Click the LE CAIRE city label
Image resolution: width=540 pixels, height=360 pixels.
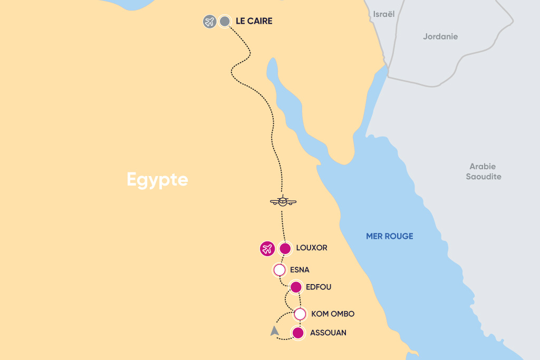[254, 22]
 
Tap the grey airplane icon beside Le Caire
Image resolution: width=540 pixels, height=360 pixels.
[210, 22]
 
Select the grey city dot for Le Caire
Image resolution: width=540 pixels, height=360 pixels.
[225, 22]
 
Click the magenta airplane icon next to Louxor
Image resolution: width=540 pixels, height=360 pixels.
[267, 248]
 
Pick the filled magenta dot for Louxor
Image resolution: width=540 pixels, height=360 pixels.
[285, 248]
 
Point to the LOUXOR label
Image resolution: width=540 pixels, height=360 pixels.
[312, 248]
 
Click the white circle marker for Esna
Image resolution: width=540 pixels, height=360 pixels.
[279, 270]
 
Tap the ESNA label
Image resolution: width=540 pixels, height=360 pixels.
[300, 270]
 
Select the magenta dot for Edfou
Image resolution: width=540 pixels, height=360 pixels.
[296, 287]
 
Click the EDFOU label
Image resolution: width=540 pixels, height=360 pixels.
[319, 287]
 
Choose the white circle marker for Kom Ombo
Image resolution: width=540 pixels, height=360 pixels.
[300, 314]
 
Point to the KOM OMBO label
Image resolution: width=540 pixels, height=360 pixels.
[333, 314]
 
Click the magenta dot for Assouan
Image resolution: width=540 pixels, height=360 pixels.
[298, 333]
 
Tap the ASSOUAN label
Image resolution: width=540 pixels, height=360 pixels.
[328, 333]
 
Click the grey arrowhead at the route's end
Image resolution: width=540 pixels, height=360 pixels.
[274, 331]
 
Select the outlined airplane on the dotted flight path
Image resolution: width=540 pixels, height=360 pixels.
[283, 201]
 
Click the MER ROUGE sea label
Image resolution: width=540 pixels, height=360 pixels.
[390, 237]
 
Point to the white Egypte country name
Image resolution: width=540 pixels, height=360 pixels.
[157, 180]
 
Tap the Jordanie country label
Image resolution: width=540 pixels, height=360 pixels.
[440, 37]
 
